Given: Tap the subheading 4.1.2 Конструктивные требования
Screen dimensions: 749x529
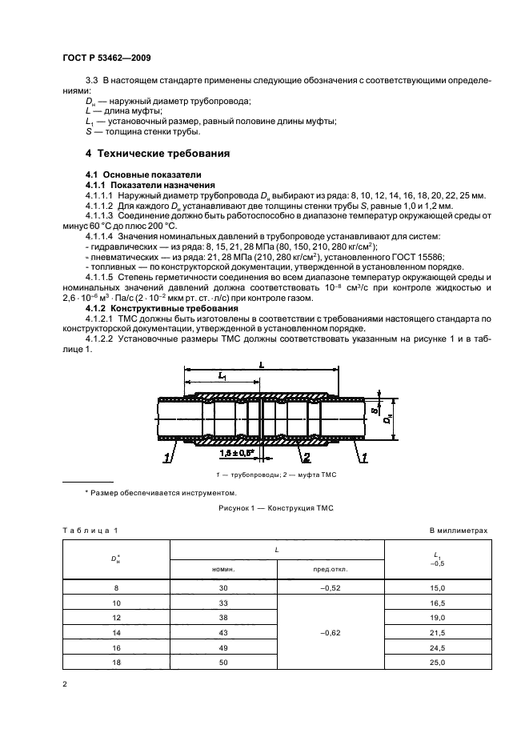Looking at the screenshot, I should pyautogui.click(x=140, y=308).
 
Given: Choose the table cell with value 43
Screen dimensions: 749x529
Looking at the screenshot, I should pyautogui.click(x=223, y=631).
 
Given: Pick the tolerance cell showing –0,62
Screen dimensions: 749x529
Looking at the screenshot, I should pyautogui.click(x=331, y=631).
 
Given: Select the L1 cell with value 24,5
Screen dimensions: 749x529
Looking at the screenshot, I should pyautogui.click(x=437, y=646).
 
